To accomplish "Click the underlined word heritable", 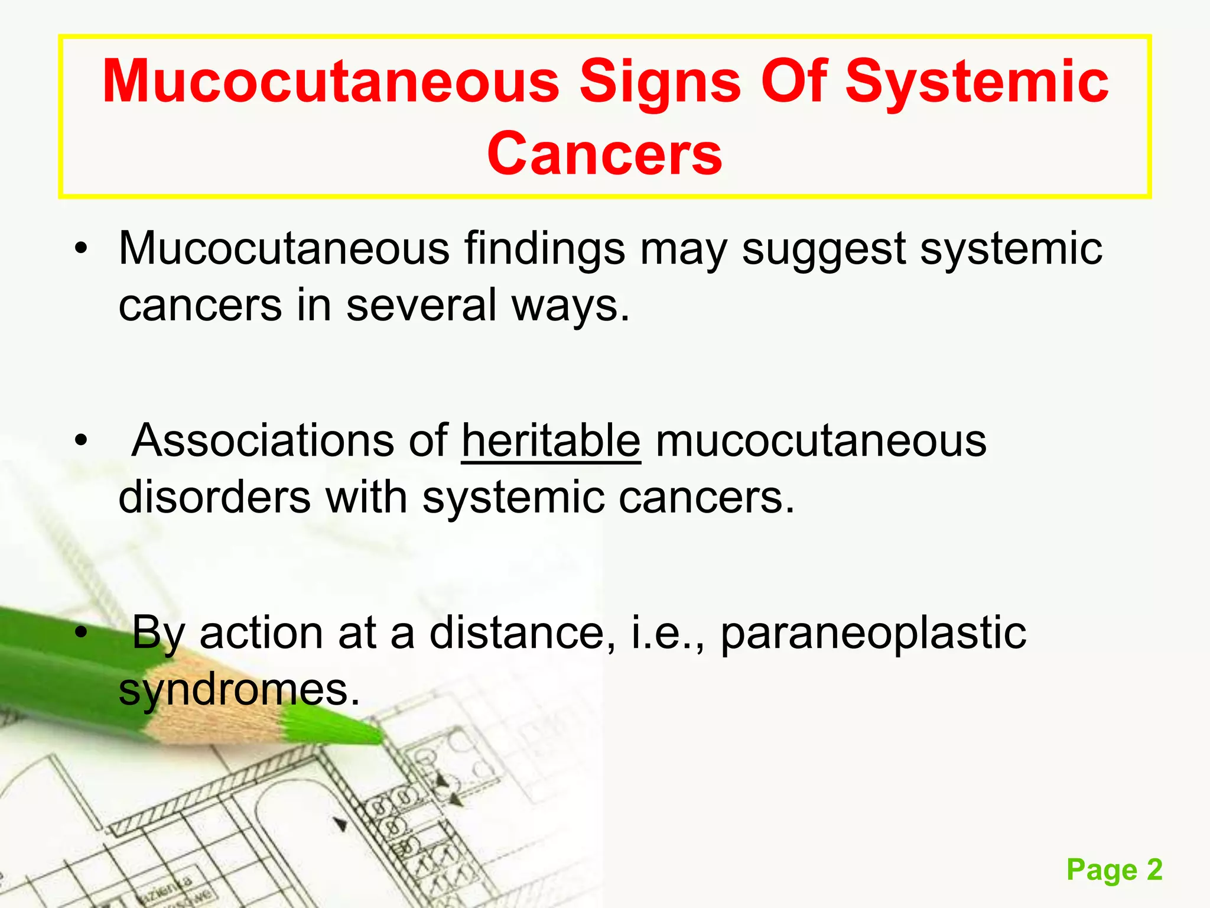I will (x=551, y=441).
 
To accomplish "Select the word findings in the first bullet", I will (x=544, y=249).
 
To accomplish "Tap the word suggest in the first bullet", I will (x=823, y=249).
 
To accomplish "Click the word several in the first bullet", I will (x=421, y=306).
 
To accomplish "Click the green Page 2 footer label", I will (x=1114, y=870).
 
